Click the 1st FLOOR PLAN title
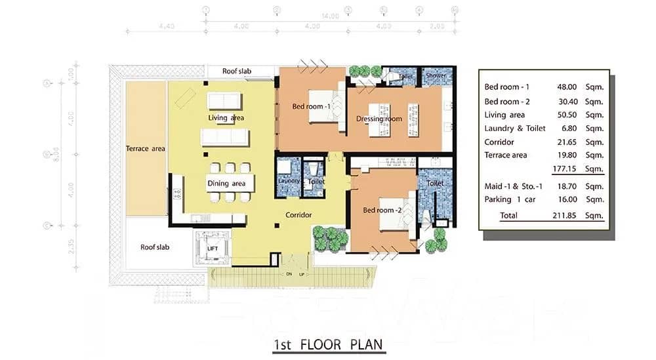point(328,345)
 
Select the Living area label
point(226,118)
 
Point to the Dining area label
point(226,184)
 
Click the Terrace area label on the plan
point(145,149)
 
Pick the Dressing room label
point(379,119)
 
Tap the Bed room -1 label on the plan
point(308,106)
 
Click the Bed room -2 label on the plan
point(382,210)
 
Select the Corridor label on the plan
point(298,215)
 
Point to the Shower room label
point(436,76)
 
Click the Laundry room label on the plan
point(289,182)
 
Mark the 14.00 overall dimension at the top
point(330,16)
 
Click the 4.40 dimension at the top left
point(166,26)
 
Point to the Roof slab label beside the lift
point(155,247)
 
